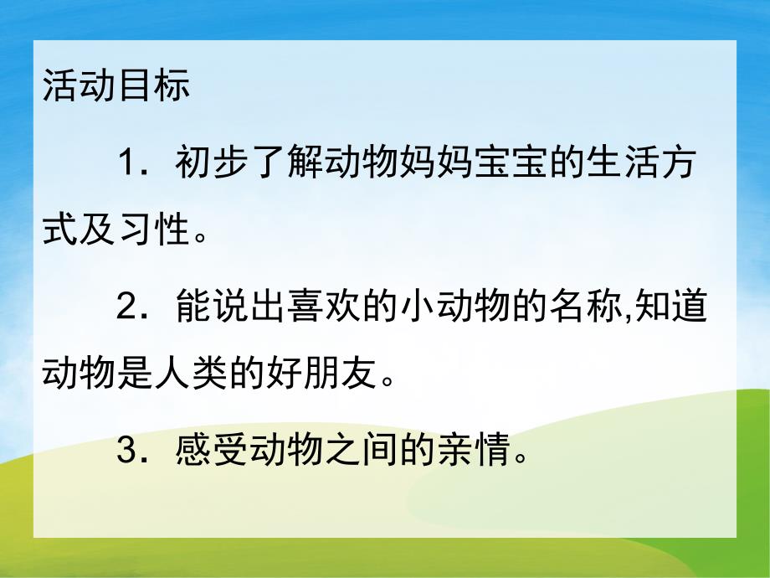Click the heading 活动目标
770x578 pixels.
click(116, 87)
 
